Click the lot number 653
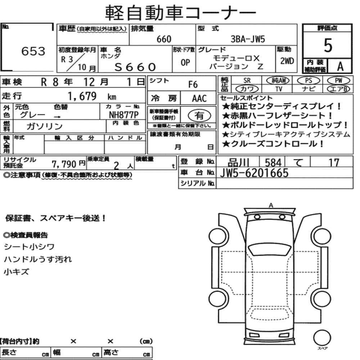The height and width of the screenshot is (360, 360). point(33,51)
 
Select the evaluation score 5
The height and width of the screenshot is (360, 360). point(328,45)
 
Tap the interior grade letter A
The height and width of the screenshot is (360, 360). point(340,66)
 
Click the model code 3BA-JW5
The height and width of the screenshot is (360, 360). point(248,39)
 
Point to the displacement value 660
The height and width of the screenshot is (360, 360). point(164,39)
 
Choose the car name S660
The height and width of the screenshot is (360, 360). point(135,67)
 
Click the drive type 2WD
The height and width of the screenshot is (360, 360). point(287,61)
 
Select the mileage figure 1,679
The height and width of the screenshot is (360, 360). point(82,96)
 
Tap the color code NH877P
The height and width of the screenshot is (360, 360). point(124,115)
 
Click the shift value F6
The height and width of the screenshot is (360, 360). point(193,85)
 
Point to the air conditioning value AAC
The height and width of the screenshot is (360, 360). point(199,99)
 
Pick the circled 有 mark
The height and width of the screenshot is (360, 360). point(199,115)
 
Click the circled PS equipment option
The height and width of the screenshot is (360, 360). point(309,81)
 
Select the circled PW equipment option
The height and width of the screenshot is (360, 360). point(338,80)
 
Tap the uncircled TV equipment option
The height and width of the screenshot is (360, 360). point(279,89)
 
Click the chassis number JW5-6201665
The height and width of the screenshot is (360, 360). point(254,173)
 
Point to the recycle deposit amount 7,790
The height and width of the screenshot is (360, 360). point(64,164)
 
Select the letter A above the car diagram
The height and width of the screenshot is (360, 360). point(271,205)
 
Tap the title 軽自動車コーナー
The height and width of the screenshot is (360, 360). point(180,13)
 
